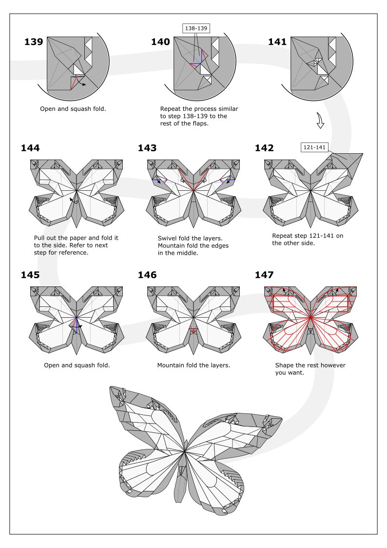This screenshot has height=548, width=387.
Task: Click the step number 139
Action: (x=34, y=42)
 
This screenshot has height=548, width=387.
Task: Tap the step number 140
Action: (x=160, y=42)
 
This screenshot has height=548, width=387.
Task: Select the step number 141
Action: (x=277, y=42)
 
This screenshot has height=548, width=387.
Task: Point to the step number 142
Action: (x=264, y=148)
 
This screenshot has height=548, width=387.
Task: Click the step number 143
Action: (x=147, y=148)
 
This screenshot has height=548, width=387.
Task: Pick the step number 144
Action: (x=30, y=148)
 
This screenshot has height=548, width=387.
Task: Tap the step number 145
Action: (x=30, y=275)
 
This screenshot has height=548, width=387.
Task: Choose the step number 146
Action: (x=147, y=275)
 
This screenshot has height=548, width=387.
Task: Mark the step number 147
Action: (x=264, y=275)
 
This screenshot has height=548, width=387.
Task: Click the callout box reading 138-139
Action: (x=196, y=28)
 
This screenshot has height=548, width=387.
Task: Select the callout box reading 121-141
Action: (x=314, y=147)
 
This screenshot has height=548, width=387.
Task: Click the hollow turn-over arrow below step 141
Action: (x=320, y=121)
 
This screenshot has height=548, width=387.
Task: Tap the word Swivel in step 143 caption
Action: (x=168, y=238)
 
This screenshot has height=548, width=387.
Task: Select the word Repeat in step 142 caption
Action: (x=283, y=235)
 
